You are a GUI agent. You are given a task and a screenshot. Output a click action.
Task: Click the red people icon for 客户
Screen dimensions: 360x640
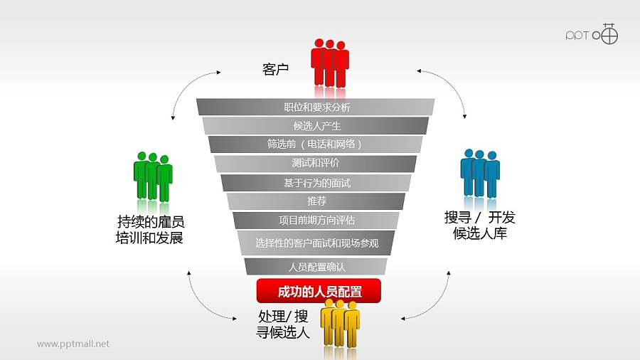[x=330, y=64]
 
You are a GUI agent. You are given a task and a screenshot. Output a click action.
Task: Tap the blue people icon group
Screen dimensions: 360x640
[x=480, y=174]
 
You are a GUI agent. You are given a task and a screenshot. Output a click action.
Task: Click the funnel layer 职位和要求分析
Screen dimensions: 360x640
[x=316, y=107]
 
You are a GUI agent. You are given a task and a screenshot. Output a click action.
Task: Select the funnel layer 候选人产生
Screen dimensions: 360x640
[x=316, y=126]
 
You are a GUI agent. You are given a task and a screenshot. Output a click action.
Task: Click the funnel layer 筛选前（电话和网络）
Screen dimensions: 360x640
[x=316, y=144]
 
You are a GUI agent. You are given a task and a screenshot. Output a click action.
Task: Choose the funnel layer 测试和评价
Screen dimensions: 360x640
[x=316, y=163]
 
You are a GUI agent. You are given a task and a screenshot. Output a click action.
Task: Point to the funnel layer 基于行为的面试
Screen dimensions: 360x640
[x=316, y=183]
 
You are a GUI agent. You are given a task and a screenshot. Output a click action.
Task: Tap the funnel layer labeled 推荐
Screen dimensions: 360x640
[x=316, y=201]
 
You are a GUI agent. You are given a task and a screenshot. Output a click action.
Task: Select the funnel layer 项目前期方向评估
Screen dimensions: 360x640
[x=316, y=220]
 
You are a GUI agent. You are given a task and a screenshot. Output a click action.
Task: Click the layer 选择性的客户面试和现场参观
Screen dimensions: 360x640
[x=316, y=243]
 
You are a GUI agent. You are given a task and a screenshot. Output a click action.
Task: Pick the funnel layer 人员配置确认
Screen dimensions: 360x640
[x=316, y=267]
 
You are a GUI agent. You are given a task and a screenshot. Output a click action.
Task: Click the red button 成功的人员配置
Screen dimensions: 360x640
[x=319, y=291]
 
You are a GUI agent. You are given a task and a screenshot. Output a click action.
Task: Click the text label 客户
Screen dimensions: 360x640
[x=275, y=70]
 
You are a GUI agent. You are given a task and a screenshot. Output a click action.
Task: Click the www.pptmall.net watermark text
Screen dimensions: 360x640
[x=73, y=344]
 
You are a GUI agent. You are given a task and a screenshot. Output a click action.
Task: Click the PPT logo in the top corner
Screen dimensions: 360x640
[x=592, y=33]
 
